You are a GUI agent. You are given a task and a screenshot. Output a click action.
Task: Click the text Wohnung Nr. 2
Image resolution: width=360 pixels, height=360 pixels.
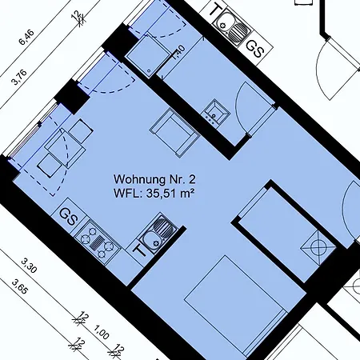coord(154,179)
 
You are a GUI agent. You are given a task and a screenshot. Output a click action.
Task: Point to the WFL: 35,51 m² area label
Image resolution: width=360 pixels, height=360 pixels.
coord(154,194)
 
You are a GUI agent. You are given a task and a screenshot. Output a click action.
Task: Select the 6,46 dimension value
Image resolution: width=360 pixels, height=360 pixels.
coord(26,37)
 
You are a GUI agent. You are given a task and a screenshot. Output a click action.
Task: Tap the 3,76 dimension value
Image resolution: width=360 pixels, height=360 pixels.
coord(19,77)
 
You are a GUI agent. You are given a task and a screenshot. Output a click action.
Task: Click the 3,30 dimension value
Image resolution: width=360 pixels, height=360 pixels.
coord(29,266)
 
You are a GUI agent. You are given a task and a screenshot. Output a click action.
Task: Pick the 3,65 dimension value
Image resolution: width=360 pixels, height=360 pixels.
coord(19,286)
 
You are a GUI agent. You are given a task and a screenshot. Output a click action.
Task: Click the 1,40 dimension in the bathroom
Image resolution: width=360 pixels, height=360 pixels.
coord(179,51)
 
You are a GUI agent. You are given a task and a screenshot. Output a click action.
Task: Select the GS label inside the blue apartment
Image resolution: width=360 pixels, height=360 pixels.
coord(69,217)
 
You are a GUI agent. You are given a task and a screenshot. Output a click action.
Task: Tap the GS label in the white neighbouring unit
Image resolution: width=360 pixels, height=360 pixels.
coord(255,50)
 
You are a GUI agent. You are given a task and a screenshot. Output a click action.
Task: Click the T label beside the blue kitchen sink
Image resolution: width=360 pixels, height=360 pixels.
coord(139,250)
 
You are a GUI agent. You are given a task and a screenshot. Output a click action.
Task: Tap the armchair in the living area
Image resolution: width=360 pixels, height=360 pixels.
coord(174,133)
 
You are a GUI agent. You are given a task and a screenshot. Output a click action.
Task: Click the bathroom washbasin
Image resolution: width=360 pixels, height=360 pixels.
coord(217,113)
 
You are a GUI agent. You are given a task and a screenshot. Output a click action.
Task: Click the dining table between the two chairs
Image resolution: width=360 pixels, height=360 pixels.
coord(65,148)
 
